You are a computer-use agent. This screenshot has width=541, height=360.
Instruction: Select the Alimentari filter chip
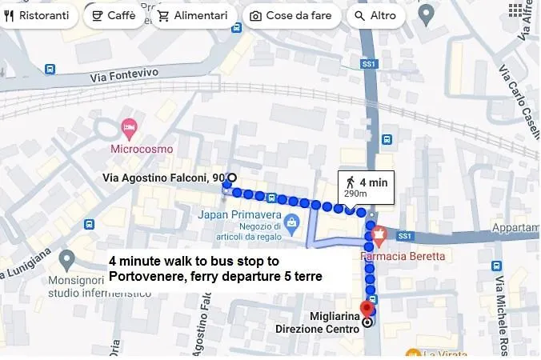click(x=193, y=15)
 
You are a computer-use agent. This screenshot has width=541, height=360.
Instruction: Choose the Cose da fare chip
click(x=292, y=15)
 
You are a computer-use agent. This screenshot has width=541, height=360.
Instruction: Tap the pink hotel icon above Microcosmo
click(x=128, y=128)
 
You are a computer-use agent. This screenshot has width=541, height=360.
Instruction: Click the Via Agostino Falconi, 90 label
click(x=163, y=178)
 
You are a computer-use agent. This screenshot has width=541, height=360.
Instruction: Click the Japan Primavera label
click(x=240, y=214)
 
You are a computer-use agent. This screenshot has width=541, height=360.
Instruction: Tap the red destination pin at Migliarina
click(x=367, y=309)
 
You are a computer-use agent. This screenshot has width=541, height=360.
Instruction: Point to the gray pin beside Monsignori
click(x=67, y=258)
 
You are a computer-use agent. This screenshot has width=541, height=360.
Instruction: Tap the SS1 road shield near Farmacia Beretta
click(x=404, y=236)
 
